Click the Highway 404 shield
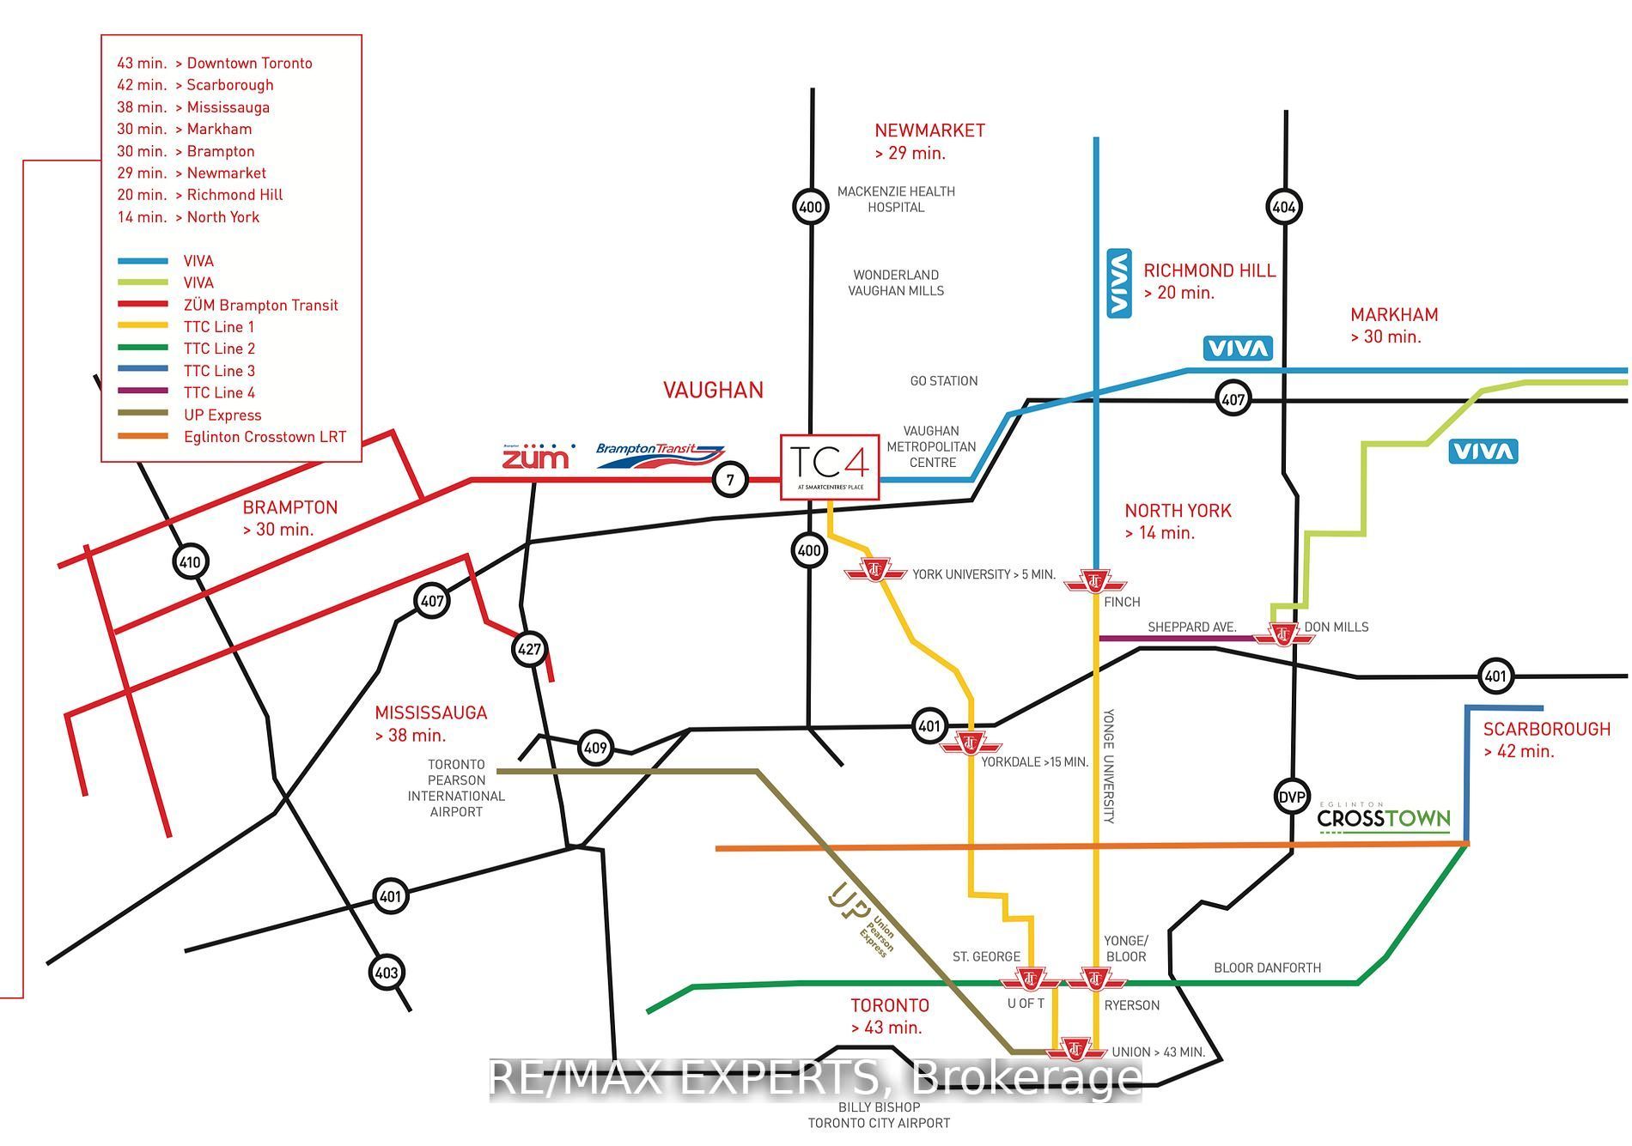tap(1284, 207)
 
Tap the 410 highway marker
tap(190, 563)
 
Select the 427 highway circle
tap(529, 649)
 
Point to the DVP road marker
tap(1292, 797)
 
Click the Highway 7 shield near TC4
tap(731, 480)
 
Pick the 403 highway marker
tap(387, 973)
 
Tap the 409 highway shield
tap(595, 748)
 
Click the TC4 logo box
tap(830, 467)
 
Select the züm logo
tap(536, 456)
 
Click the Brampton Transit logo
tap(660, 455)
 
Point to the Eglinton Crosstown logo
tap(1384, 818)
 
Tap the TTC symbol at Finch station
tap(1095, 582)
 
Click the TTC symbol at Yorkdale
tap(971, 743)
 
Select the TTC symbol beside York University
tap(875, 570)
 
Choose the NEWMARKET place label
tap(929, 130)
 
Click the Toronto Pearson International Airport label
tap(456, 788)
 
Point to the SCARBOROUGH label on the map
tap(1546, 729)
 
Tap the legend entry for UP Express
tap(222, 415)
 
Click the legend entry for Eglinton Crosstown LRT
tap(265, 437)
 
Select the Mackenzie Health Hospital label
tap(896, 199)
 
